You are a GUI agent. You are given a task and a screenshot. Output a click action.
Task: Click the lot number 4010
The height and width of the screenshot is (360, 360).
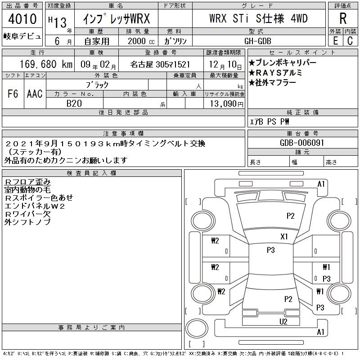click(x=22, y=18)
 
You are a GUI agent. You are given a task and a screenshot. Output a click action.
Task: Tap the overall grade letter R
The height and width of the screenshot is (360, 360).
click(x=343, y=18)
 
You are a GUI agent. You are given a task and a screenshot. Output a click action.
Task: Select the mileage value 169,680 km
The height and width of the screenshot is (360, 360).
click(x=46, y=64)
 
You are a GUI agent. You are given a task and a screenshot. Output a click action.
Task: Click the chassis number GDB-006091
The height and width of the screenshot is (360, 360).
click(x=302, y=143)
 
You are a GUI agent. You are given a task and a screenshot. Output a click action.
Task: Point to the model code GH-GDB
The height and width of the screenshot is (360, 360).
click(x=257, y=41)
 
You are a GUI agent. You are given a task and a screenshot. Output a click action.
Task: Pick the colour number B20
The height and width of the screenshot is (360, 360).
click(x=74, y=103)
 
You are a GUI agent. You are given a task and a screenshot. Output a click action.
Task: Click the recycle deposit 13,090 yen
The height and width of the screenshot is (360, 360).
click(x=227, y=104)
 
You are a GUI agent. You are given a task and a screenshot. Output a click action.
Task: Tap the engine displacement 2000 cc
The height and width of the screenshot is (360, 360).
click(x=141, y=41)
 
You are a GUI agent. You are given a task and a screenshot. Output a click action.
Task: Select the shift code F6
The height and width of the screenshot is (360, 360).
click(x=13, y=94)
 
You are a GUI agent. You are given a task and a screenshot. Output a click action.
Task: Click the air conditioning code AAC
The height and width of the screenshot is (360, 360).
click(x=35, y=94)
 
